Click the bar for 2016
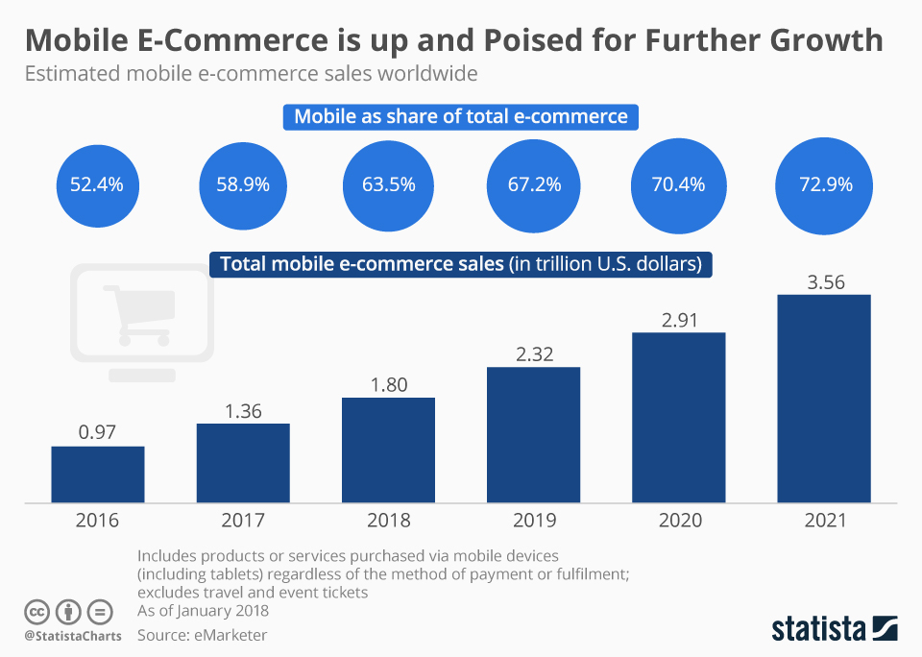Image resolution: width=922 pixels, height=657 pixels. point(98,474)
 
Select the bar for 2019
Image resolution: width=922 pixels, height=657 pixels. point(533,435)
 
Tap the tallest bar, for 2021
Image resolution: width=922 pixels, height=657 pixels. point(823,399)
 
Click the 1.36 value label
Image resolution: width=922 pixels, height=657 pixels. point(243,410)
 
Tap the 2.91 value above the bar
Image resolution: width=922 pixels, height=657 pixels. point(678,320)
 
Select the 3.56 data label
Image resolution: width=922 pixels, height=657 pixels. point(823,281)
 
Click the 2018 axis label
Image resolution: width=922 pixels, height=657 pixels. point(388,521)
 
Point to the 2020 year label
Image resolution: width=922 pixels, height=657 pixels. point(678,521)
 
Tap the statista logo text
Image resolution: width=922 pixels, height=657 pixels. point(817,629)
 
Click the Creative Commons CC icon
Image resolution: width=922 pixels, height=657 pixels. point(37,612)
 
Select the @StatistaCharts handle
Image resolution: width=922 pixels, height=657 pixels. point(73,636)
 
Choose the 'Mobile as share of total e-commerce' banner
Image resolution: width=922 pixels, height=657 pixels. point(461,117)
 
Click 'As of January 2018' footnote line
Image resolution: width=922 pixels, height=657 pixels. point(204,611)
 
